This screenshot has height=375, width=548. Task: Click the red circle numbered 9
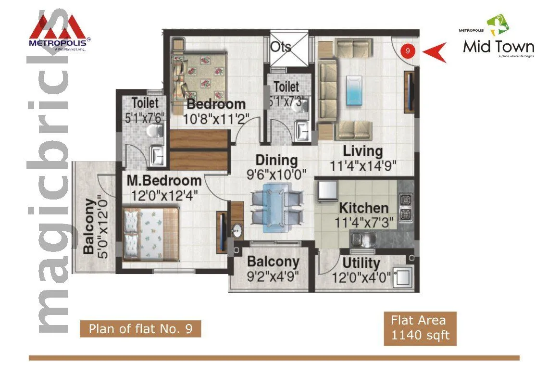click(x=408, y=50)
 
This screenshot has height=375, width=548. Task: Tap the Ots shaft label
click(x=281, y=47)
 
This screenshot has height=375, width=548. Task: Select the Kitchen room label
click(x=363, y=208)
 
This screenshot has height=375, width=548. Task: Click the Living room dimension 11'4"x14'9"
click(x=363, y=166)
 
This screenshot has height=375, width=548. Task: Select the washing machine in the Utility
click(x=402, y=278)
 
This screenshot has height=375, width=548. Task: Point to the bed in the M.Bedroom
click(x=150, y=233)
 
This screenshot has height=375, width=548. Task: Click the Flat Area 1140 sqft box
click(x=420, y=328)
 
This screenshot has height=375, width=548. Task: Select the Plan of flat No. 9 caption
click(x=140, y=329)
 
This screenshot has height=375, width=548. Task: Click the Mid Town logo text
click(x=498, y=47)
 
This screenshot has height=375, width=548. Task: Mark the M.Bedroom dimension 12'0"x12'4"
click(x=164, y=196)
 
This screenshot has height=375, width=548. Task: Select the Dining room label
click(x=276, y=160)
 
